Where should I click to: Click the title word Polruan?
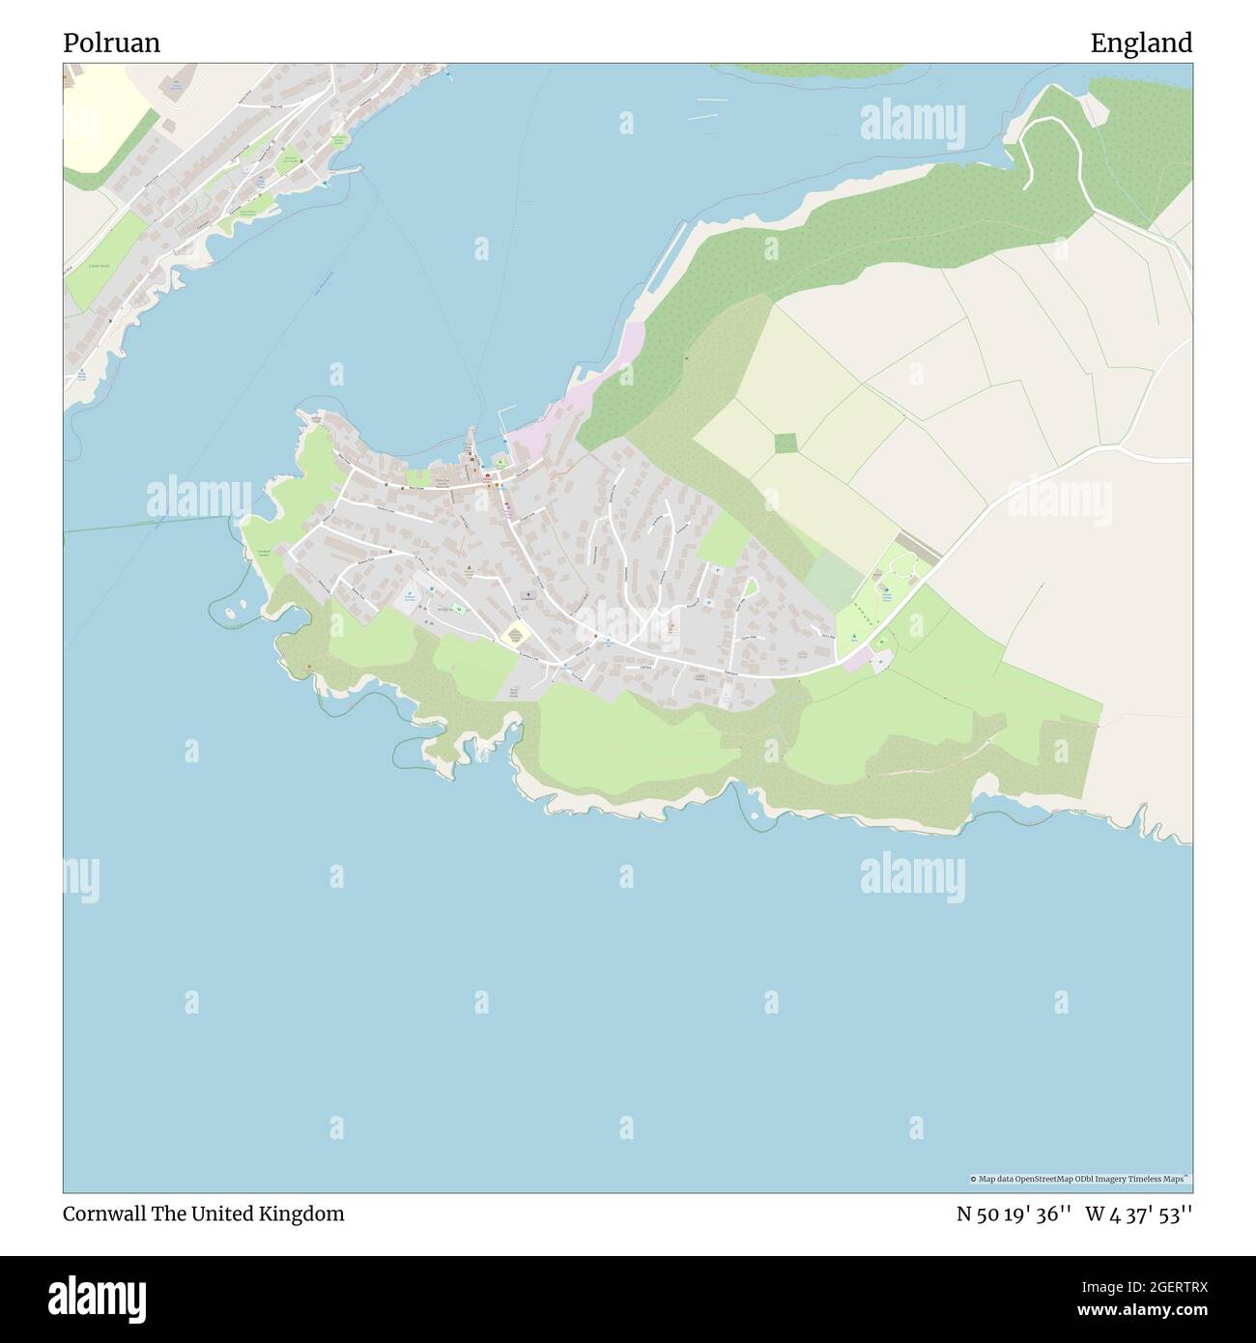click(x=111, y=43)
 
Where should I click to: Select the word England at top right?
click(x=1141, y=43)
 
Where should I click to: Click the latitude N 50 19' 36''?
click(x=1013, y=1214)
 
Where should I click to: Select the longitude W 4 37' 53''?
click(x=1138, y=1214)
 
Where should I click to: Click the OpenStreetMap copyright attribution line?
click(x=1080, y=1179)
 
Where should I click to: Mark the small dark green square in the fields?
click(x=786, y=443)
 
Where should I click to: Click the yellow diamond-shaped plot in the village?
click(x=515, y=635)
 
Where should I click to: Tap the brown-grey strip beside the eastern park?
click(x=918, y=546)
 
